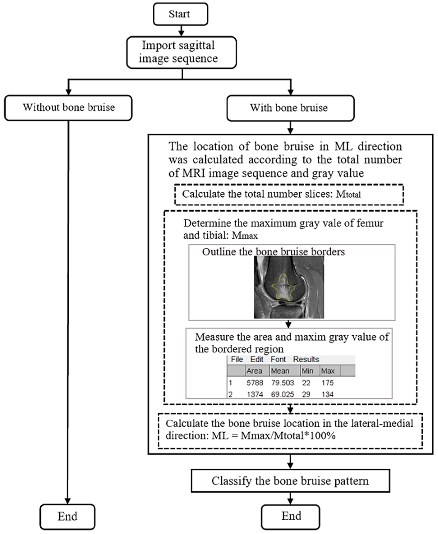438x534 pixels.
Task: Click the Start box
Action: tap(180, 14)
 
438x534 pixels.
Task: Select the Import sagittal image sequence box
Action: tap(181, 52)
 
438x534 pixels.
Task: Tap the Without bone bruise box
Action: tap(68, 108)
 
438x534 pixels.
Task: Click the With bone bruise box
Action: tap(290, 108)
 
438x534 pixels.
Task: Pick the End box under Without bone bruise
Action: tap(67, 516)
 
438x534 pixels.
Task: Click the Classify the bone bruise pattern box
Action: tap(290, 481)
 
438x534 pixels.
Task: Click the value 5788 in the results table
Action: tap(255, 383)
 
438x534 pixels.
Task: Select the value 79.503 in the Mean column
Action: tap(282, 383)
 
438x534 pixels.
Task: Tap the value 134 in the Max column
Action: tap(327, 394)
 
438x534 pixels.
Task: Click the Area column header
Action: tap(254, 371)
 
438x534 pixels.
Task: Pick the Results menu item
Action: tap(306, 359)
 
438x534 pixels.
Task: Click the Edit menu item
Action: tap(257, 359)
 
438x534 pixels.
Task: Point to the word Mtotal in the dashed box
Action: tap(348, 195)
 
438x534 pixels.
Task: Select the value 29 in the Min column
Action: tap(306, 394)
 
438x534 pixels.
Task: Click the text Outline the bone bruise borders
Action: tap(273, 252)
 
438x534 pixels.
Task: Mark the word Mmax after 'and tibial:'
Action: tap(245, 236)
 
